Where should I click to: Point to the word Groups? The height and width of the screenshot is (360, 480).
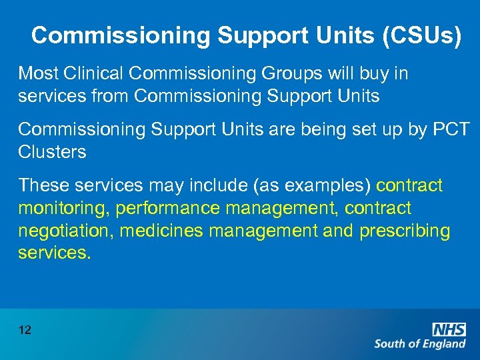pyautogui.click(x=293, y=73)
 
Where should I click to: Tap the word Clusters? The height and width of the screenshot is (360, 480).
pyautogui.click(x=52, y=151)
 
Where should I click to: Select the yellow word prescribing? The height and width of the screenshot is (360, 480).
pyautogui.click(x=405, y=231)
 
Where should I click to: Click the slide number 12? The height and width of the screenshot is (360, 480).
pyautogui.click(x=25, y=329)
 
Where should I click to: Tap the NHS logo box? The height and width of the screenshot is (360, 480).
pyautogui.click(x=449, y=329)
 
